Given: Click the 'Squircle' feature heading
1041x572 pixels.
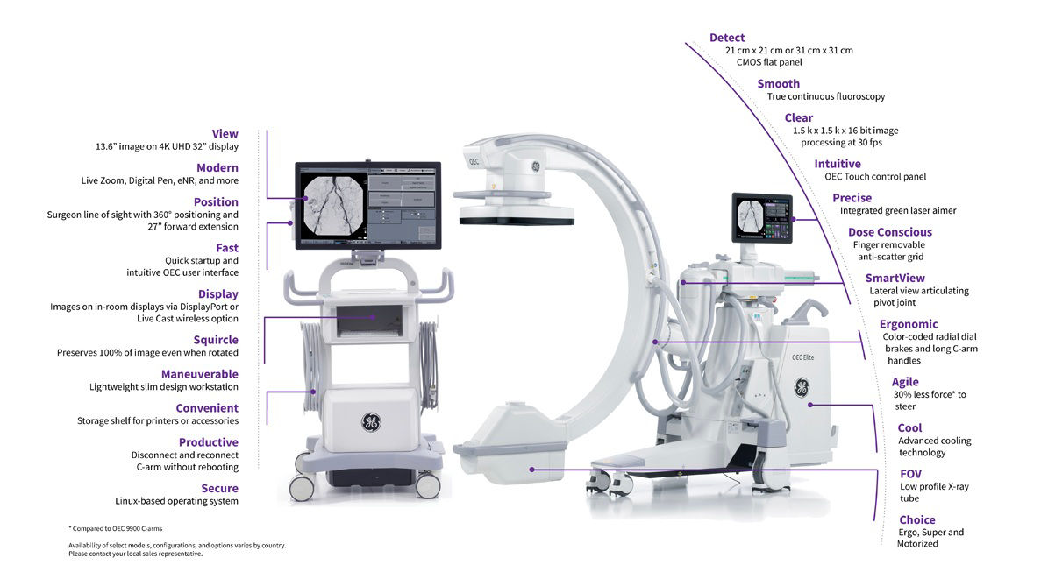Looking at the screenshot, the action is click(x=216, y=340).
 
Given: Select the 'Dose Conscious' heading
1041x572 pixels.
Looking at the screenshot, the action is click(x=889, y=232).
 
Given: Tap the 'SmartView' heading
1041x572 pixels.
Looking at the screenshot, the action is click(x=895, y=279).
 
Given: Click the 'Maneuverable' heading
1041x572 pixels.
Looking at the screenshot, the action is click(x=200, y=375).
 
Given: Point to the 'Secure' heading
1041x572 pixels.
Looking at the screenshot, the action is click(x=220, y=489).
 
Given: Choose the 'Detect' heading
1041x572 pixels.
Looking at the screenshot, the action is click(x=727, y=38).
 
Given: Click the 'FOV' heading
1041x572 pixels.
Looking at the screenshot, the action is click(x=911, y=474).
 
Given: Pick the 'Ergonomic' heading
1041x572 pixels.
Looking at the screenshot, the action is click(x=909, y=324).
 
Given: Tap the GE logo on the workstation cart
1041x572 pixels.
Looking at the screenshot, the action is click(x=370, y=421).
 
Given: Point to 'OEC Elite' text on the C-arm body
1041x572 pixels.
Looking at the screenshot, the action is click(x=802, y=357).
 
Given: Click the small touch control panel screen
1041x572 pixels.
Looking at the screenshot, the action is click(x=762, y=218).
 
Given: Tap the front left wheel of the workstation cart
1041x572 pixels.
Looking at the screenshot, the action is click(x=302, y=487).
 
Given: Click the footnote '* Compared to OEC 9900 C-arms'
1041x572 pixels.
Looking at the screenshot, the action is click(x=116, y=529).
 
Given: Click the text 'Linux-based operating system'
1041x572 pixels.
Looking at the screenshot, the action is click(x=176, y=501).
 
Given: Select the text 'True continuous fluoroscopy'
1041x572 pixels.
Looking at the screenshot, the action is click(x=826, y=96).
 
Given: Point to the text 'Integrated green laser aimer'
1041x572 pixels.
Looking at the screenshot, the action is click(x=898, y=211).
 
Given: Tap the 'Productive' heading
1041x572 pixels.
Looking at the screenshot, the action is click(x=209, y=442).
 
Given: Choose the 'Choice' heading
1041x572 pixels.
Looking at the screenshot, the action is click(x=916, y=520).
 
